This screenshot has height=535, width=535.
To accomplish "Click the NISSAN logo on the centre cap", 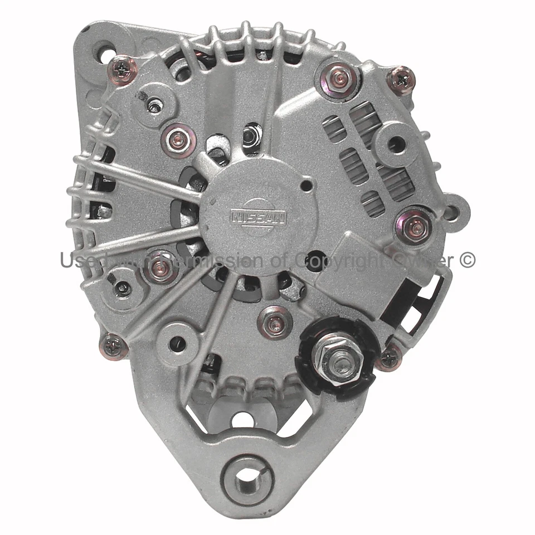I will click(258, 216).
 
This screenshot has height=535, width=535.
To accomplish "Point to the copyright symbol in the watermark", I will click(468, 259).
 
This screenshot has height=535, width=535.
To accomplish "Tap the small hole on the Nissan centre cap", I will click(306, 185).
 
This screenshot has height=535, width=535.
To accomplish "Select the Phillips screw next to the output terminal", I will click(389, 357).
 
